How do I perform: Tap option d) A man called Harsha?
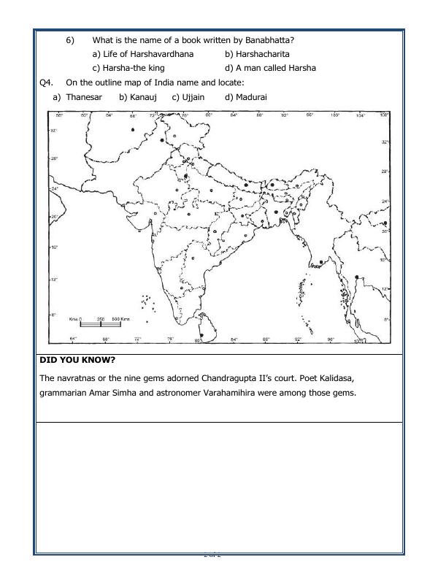point(270,68)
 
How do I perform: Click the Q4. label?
point(47,82)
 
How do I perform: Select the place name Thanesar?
point(85,96)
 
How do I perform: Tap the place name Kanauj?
point(144,96)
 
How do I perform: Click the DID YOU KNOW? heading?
point(77,360)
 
